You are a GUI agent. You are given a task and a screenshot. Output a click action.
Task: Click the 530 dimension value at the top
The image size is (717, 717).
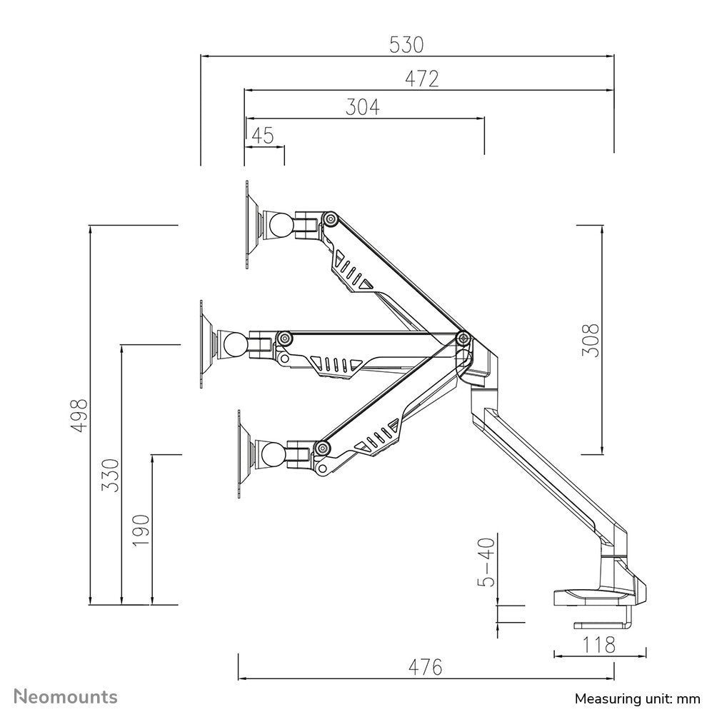click(406, 45)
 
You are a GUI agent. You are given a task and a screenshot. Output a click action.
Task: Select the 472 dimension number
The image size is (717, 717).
click(421, 79)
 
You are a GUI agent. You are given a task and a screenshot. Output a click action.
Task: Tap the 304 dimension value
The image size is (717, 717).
click(363, 107)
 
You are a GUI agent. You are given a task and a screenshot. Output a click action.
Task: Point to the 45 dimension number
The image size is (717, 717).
click(263, 136)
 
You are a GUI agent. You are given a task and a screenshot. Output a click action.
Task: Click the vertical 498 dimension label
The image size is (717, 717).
click(79, 414)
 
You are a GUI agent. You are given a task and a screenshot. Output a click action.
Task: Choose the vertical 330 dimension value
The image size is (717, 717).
click(111, 475)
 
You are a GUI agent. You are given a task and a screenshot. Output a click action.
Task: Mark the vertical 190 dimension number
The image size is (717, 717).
click(141, 529)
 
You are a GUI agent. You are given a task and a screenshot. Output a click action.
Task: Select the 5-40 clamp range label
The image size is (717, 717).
click(486, 562)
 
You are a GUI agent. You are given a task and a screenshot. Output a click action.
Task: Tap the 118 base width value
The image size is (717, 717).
click(599, 645)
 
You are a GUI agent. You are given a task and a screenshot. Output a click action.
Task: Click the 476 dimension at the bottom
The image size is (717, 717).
click(426, 667)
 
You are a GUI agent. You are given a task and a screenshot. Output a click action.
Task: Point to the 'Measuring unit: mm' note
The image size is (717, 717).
click(637, 698)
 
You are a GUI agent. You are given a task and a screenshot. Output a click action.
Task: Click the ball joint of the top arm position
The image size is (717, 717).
click(279, 226)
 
